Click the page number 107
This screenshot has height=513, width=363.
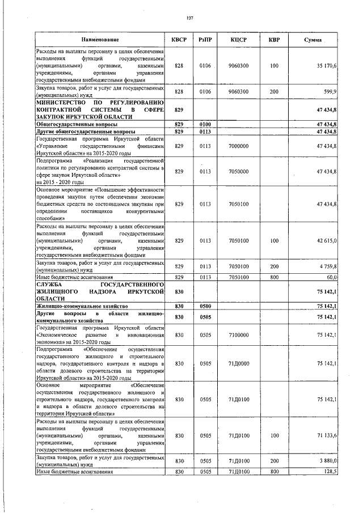coord(190,18)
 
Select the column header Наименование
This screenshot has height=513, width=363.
coord(100,40)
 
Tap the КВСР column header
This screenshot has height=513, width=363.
coord(179,40)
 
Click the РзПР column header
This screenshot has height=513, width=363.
coord(205,40)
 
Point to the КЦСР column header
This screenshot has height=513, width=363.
coord(238,40)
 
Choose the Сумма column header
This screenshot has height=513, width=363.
coord(313,40)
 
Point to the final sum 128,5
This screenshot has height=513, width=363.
coord(331,471)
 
